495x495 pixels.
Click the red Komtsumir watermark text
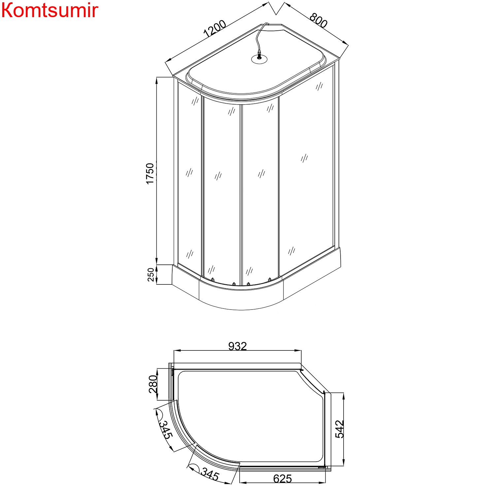tap(49, 11)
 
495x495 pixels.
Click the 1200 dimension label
tap(215, 29)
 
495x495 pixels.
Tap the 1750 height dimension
tap(150, 174)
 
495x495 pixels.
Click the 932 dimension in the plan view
tap(237, 346)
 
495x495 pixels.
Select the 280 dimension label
tap(153, 384)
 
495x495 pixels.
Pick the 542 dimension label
tap(340, 429)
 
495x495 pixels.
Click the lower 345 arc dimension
tap(210, 475)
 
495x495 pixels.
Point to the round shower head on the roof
tap(259, 59)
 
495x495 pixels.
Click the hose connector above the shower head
tap(259, 52)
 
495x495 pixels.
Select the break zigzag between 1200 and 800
tap(277, 8)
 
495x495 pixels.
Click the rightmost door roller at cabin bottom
tap(270, 279)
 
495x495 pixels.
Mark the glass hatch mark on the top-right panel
tap(319, 86)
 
